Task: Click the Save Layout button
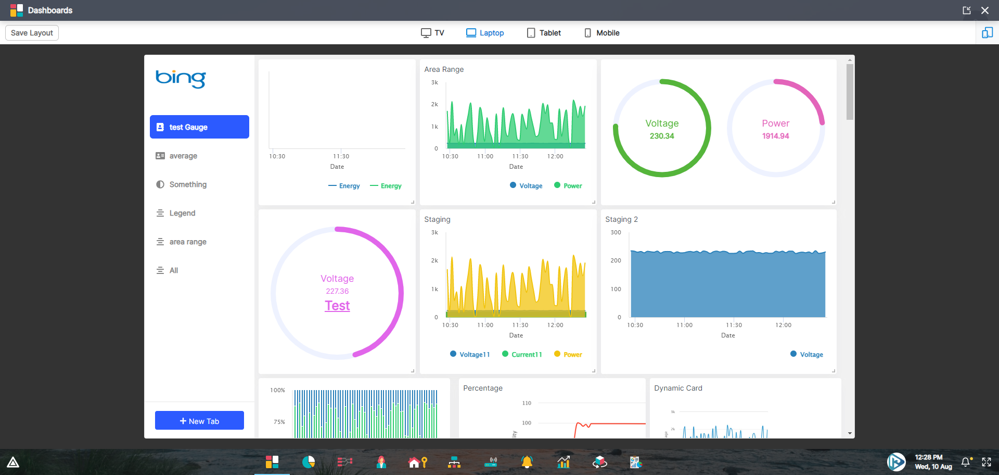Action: click(32, 33)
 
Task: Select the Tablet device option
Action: click(544, 33)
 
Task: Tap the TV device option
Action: click(432, 33)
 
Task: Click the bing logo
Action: click(181, 79)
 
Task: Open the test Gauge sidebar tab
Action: click(199, 127)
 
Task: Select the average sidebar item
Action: click(183, 156)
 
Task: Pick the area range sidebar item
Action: click(187, 242)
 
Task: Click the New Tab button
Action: click(199, 421)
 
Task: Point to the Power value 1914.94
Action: click(775, 136)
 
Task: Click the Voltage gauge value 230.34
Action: click(662, 136)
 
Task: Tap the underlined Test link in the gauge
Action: click(337, 306)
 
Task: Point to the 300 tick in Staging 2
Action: click(616, 232)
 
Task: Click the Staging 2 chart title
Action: click(621, 219)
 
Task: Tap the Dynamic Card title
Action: click(678, 388)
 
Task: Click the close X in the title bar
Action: click(985, 10)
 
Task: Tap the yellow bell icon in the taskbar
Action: click(527, 462)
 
